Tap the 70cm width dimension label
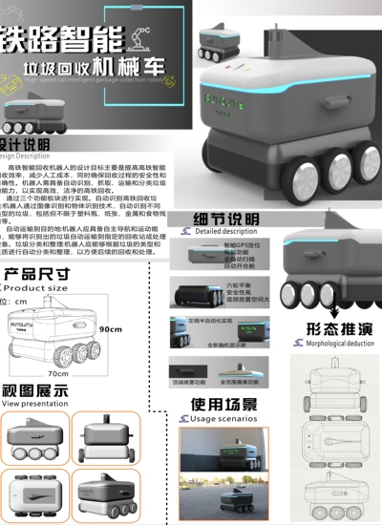click(x=57, y=374)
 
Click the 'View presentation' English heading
click(x=34, y=404)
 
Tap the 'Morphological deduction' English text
click(x=339, y=343)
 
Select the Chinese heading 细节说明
click(x=226, y=217)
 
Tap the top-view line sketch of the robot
click(x=334, y=387)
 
